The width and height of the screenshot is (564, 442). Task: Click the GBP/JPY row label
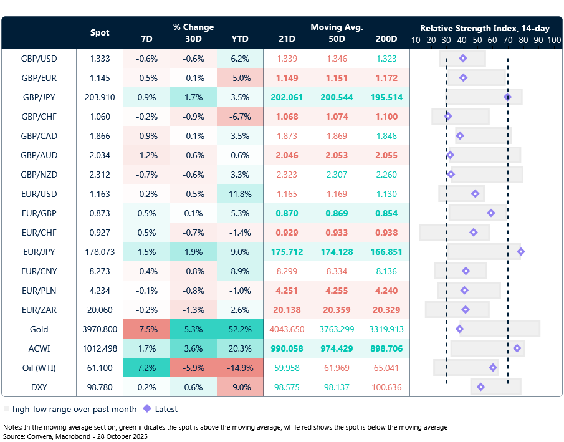click(x=39, y=97)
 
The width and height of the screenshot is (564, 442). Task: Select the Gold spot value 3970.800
click(x=100, y=329)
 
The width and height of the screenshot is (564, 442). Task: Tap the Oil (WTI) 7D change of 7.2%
click(x=146, y=368)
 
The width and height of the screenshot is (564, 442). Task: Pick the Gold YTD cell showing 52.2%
click(x=240, y=329)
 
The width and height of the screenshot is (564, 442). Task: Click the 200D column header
click(x=386, y=39)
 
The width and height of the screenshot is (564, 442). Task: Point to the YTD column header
click(x=240, y=39)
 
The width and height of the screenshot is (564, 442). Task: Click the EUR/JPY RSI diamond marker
click(x=520, y=252)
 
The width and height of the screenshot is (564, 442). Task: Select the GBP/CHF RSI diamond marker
click(x=447, y=117)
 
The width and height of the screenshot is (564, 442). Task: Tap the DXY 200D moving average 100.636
click(x=386, y=387)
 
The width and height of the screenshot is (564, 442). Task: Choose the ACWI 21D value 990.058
click(x=287, y=348)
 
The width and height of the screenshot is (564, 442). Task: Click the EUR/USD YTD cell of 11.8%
click(x=240, y=194)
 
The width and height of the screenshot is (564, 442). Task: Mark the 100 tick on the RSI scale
click(x=554, y=40)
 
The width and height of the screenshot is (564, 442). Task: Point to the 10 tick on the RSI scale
click(x=416, y=40)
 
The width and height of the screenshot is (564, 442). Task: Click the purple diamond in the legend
click(x=147, y=410)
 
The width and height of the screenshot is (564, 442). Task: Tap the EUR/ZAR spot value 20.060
click(x=100, y=310)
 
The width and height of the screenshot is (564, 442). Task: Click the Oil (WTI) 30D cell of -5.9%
click(x=193, y=368)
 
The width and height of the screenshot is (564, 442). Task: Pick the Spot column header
click(x=100, y=32)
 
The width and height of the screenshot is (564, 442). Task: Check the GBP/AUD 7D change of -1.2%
click(x=146, y=155)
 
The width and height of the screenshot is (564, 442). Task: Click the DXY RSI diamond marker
click(x=480, y=387)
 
